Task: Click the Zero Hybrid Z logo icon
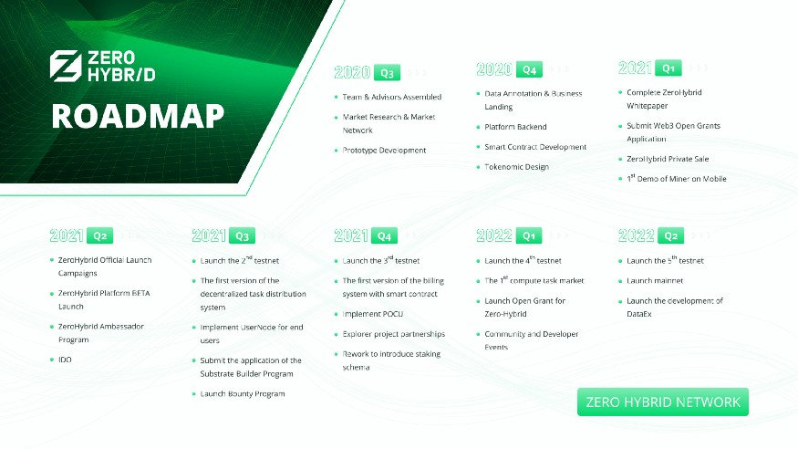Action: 66,66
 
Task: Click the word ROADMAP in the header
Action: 138,116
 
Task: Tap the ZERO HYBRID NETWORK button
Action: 663,402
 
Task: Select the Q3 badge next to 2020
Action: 387,73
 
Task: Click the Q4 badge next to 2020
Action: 529,69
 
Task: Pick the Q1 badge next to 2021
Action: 668,68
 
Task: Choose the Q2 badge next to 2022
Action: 670,235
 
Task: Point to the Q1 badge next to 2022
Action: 529,235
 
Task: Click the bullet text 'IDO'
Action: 65,360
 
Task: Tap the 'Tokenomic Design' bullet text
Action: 516,166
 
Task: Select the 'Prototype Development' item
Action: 384,151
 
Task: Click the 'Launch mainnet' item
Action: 655,280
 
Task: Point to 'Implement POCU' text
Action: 372,314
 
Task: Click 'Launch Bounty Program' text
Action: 243,393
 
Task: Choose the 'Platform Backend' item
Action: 515,127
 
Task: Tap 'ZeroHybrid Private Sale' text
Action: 668,159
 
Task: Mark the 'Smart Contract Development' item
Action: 535,147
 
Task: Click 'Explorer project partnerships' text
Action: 393,334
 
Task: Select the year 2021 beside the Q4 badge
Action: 351,235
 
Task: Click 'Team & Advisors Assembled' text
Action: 392,97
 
